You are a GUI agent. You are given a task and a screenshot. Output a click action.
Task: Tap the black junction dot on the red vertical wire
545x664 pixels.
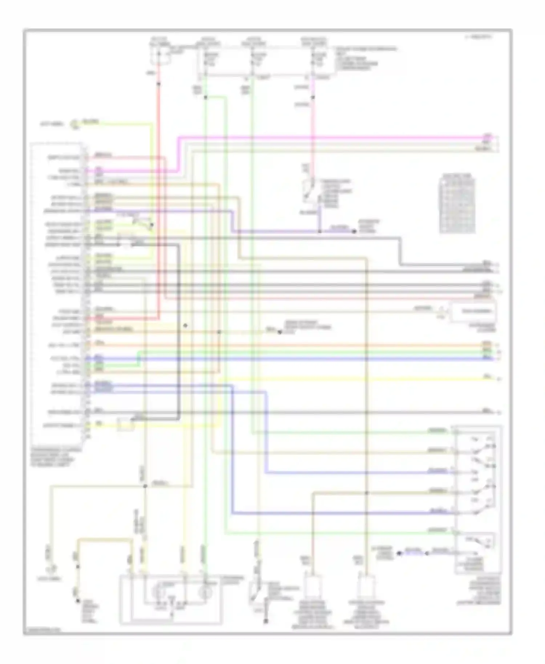coord(159,84)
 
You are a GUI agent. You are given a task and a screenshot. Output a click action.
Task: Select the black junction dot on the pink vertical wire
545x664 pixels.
coord(313,97)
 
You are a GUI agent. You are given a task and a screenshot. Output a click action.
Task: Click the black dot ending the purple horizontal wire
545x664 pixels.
coord(354,231)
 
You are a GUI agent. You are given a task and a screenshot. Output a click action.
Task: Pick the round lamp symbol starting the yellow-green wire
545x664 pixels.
coord(75,124)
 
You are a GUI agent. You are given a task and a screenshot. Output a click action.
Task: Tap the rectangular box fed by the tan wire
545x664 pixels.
coord(472,312)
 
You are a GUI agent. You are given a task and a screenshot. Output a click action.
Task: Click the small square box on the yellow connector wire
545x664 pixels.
coord(125,424)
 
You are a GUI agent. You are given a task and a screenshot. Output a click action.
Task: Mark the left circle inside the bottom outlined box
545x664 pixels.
coord(159,592)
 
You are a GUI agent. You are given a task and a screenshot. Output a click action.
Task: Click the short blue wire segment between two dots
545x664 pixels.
coord(413,553)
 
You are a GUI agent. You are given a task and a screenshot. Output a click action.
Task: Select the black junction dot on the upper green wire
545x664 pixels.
coord(205,97)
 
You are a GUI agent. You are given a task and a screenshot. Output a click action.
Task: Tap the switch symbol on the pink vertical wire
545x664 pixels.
coord(309,189)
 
